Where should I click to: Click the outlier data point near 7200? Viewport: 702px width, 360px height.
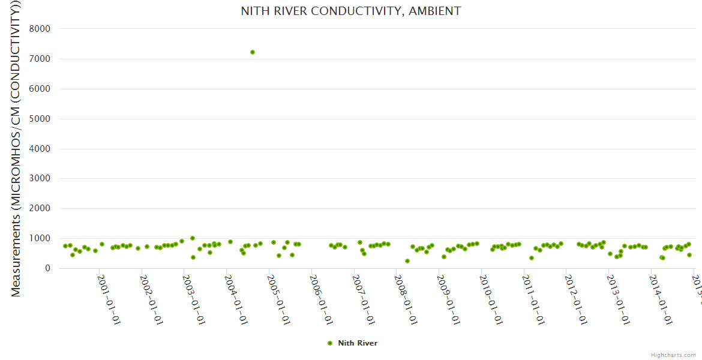[x=253, y=52]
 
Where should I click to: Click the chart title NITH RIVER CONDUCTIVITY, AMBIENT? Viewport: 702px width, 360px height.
[x=351, y=11]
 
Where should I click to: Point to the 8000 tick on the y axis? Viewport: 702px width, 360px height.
[x=39, y=29]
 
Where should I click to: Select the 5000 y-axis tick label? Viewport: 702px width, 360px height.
[x=39, y=119]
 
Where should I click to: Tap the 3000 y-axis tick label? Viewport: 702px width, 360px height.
[x=39, y=179]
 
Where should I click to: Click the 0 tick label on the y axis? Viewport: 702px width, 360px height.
[x=46, y=269]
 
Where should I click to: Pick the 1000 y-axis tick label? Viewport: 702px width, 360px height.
[x=39, y=239]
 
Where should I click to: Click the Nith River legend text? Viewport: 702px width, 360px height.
[x=358, y=343]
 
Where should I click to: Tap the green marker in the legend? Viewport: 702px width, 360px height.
[x=329, y=343]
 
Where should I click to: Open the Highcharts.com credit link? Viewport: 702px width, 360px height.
[x=673, y=355]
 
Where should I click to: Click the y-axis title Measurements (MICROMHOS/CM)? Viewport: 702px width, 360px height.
[x=16, y=150]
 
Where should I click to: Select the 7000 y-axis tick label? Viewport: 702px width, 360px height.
[x=39, y=59]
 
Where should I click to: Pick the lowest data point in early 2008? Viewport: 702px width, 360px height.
[x=407, y=261]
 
